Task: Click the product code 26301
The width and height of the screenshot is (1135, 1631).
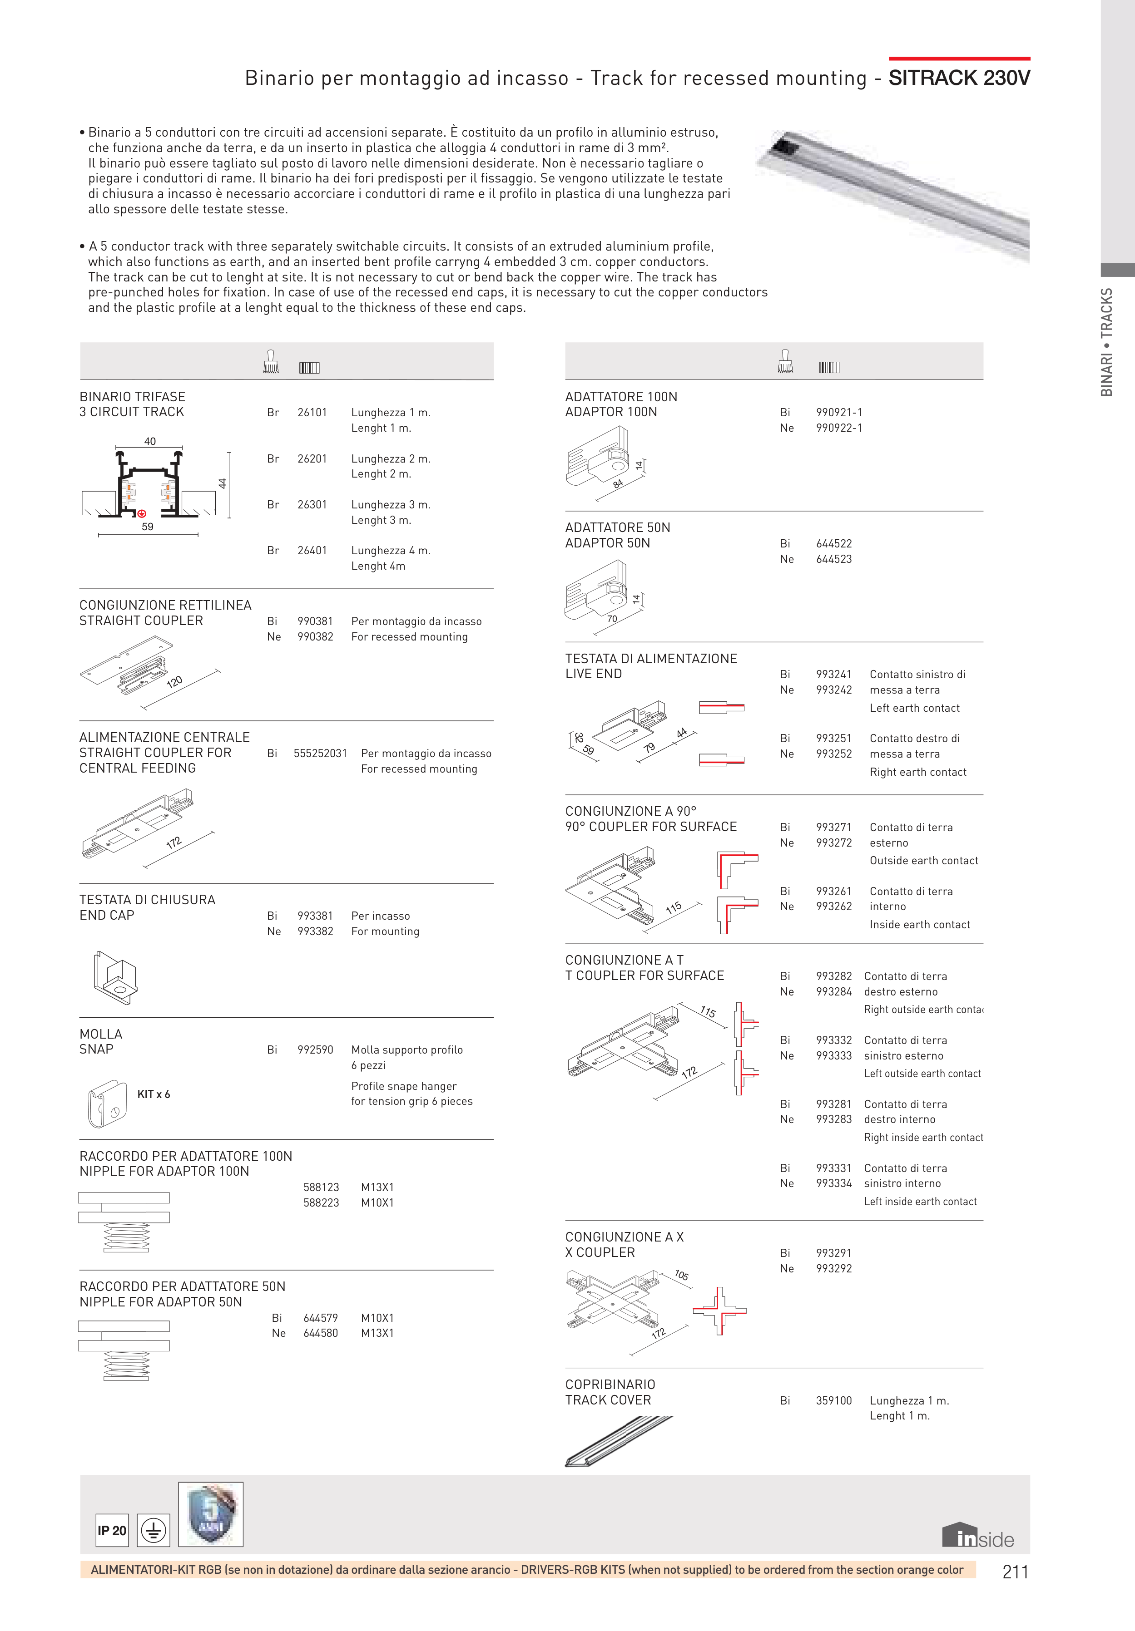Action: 312,504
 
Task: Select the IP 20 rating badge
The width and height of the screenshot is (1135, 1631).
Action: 112,1530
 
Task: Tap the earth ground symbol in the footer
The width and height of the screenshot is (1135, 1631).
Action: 154,1530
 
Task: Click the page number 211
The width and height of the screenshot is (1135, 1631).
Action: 1015,1572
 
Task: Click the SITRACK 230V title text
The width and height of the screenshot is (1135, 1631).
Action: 959,78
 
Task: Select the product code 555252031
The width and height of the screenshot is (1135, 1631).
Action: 320,753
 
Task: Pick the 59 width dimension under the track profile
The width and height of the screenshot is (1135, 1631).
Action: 147,527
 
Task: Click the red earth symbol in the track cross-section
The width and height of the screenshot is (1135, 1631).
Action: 141,513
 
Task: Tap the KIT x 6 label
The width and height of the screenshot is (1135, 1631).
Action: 154,1094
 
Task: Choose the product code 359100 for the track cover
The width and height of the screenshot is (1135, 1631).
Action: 834,1400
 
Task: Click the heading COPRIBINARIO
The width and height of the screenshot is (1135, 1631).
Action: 610,1385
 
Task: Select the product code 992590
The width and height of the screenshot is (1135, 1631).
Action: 315,1049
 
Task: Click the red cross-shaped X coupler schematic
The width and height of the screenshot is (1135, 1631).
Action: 719,1311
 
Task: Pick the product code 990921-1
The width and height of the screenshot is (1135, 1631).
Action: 838,412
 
